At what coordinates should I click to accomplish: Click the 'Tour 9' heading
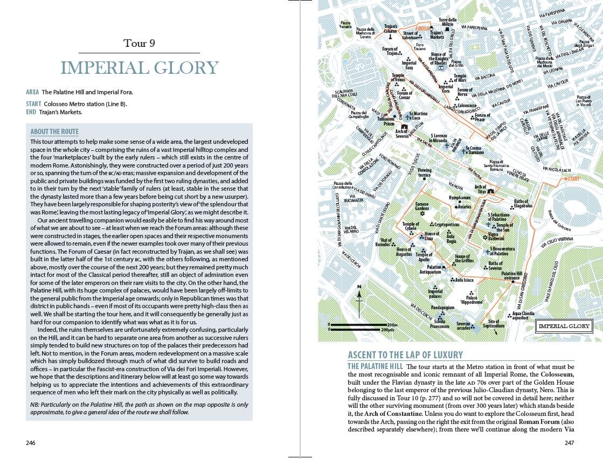coord(139,44)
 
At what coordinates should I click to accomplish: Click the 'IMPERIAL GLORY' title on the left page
coord(139,68)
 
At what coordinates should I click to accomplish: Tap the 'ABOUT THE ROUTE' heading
coord(54,132)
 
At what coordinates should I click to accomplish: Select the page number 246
coord(31,443)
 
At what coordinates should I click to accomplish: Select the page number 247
coord(569,443)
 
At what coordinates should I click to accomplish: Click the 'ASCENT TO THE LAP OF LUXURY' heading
coord(405,355)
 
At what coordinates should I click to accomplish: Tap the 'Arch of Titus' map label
coord(481,189)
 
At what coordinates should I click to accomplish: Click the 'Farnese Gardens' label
coord(422,206)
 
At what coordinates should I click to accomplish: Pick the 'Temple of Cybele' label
coord(411,226)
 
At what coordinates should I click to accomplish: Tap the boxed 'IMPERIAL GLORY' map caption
coord(564,326)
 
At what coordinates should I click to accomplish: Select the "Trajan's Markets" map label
coord(437,35)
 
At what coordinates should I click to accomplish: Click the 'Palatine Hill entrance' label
coord(511,276)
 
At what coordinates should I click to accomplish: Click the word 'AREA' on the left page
coord(32,92)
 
